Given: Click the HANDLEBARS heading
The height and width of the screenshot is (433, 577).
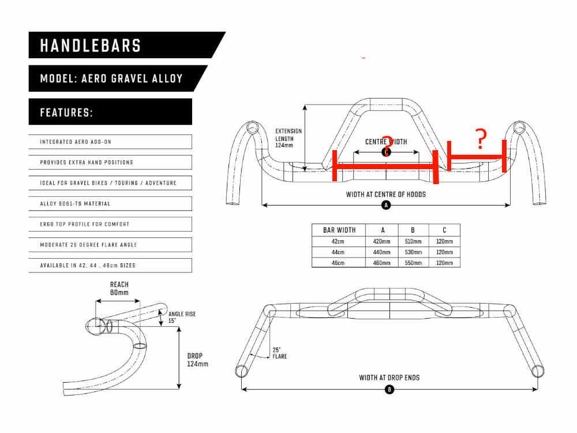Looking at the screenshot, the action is click(x=91, y=46).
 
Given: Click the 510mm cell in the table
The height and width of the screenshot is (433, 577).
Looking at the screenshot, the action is click(x=413, y=241).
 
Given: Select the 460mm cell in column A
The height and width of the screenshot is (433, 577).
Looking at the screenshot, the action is click(x=381, y=263).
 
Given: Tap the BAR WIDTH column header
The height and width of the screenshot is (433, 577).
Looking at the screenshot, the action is click(x=339, y=230).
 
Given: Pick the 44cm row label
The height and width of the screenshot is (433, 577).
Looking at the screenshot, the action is click(x=338, y=252).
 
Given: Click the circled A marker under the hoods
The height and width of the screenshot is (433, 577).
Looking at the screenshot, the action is click(x=386, y=205).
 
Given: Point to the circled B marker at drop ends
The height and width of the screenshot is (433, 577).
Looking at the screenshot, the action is click(x=389, y=389).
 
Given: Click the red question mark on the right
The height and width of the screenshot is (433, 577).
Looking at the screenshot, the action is click(x=481, y=139).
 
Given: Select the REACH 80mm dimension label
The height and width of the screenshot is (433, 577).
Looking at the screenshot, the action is click(x=119, y=289).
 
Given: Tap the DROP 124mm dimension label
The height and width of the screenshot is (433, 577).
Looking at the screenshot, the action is click(x=197, y=360).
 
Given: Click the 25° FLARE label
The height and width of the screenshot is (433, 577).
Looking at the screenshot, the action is click(x=280, y=353).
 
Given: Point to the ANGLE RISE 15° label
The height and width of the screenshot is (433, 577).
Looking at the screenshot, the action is click(x=182, y=317).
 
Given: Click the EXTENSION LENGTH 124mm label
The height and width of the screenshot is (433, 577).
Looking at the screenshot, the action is click(x=288, y=138).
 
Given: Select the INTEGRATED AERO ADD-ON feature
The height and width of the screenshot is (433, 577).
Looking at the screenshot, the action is click(x=76, y=142).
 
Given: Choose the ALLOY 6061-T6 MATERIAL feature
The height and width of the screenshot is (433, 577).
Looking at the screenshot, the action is click(x=75, y=204).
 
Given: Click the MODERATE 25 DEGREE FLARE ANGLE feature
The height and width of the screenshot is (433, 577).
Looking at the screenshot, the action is click(x=88, y=245).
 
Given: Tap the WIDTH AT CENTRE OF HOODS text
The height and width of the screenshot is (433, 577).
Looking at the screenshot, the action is click(x=385, y=195).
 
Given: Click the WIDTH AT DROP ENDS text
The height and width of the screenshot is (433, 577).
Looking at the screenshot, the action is click(x=389, y=378).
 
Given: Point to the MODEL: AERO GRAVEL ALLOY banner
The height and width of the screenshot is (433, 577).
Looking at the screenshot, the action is click(x=111, y=79).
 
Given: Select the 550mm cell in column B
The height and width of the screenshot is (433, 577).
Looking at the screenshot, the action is click(x=413, y=263).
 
